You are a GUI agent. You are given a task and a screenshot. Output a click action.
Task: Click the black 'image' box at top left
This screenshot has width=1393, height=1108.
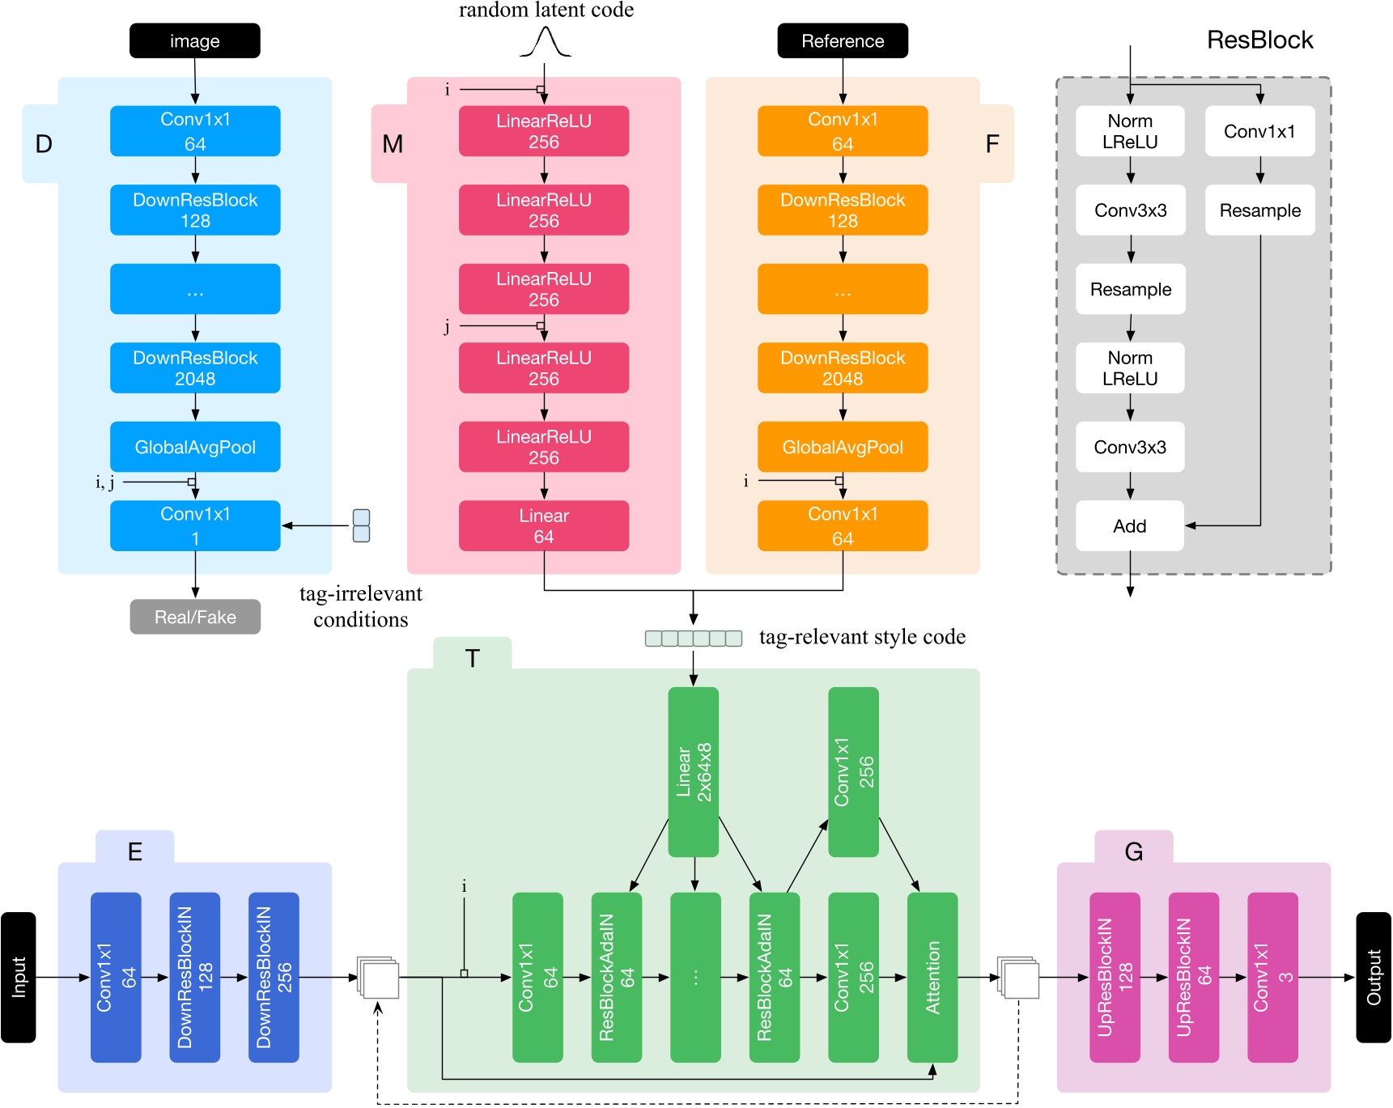(x=194, y=40)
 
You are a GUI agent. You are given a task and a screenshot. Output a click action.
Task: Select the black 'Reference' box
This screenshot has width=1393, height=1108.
(x=842, y=40)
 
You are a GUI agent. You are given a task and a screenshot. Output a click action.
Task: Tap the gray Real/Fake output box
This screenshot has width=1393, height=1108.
(x=194, y=617)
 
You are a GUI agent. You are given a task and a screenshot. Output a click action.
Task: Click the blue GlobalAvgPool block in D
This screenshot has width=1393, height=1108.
(x=194, y=447)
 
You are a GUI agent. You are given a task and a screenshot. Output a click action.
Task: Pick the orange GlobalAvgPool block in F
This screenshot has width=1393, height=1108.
(x=842, y=447)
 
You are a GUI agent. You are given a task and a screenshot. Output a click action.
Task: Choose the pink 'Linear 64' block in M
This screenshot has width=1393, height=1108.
(x=543, y=526)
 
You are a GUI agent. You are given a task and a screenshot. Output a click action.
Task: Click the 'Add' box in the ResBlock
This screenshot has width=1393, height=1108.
(x=1129, y=526)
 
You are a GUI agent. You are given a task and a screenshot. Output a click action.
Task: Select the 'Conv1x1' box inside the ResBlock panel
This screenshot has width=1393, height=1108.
(x=1259, y=131)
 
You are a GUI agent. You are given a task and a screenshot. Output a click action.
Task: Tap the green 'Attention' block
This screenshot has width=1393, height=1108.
(x=932, y=977)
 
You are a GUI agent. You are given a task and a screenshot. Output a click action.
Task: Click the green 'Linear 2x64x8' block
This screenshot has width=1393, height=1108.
(x=693, y=771)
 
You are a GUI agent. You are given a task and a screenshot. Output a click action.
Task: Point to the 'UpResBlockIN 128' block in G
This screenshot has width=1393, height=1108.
(x=1114, y=977)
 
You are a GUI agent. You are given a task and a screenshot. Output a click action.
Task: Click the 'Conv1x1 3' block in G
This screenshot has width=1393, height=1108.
(x=1272, y=977)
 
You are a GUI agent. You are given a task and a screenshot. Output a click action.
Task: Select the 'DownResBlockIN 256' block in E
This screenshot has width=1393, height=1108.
(x=273, y=977)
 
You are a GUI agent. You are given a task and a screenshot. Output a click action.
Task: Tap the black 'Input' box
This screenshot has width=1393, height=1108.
(x=19, y=977)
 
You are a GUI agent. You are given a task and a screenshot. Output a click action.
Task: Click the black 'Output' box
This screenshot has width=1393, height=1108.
(x=1373, y=977)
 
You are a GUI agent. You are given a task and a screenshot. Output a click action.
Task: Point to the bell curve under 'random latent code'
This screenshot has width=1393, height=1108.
(x=545, y=42)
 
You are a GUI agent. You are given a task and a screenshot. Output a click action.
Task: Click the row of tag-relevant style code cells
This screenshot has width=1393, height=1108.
(x=693, y=639)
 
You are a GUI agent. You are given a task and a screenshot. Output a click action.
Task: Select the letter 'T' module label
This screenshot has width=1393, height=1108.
(x=472, y=658)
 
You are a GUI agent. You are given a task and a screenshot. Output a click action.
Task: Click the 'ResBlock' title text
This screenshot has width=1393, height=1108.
(x=1259, y=40)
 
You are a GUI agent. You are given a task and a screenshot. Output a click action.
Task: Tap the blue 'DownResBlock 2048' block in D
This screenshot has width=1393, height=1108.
(x=194, y=368)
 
